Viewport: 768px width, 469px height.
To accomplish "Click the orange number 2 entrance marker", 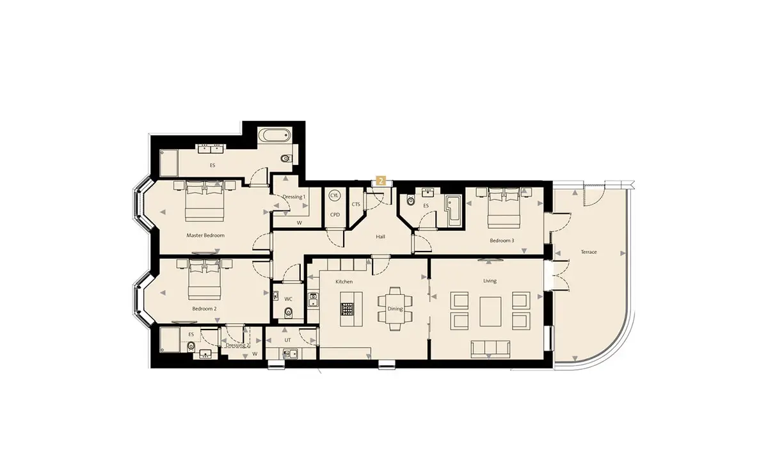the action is click(381, 180).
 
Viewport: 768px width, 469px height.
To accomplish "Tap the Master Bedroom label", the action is click(205, 235).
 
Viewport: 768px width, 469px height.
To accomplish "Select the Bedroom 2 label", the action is click(204, 309).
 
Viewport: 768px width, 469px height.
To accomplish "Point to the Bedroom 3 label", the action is click(502, 241).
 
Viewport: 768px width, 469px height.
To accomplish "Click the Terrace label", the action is click(589, 252).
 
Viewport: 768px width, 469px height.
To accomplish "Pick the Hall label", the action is click(381, 237).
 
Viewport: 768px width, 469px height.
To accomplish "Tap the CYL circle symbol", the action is click(334, 196).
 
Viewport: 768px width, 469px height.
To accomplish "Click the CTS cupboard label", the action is click(356, 204).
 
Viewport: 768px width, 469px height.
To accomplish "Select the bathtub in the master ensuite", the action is click(274, 135).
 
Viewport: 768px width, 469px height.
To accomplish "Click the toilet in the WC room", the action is click(289, 312).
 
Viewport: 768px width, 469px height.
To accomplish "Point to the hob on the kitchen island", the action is click(348, 309).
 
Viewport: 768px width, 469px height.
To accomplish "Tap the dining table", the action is click(395, 308).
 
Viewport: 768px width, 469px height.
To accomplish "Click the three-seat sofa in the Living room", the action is click(490, 349).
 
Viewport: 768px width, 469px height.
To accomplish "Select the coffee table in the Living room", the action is click(490, 312).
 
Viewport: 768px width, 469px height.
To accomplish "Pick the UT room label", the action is click(287, 340).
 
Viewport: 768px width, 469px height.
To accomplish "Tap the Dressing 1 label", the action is click(294, 197).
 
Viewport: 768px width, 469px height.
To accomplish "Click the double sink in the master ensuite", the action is click(210, 148).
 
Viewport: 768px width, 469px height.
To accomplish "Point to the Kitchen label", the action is click(344, 282).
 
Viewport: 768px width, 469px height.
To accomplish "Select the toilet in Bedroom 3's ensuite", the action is click(410, 200).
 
